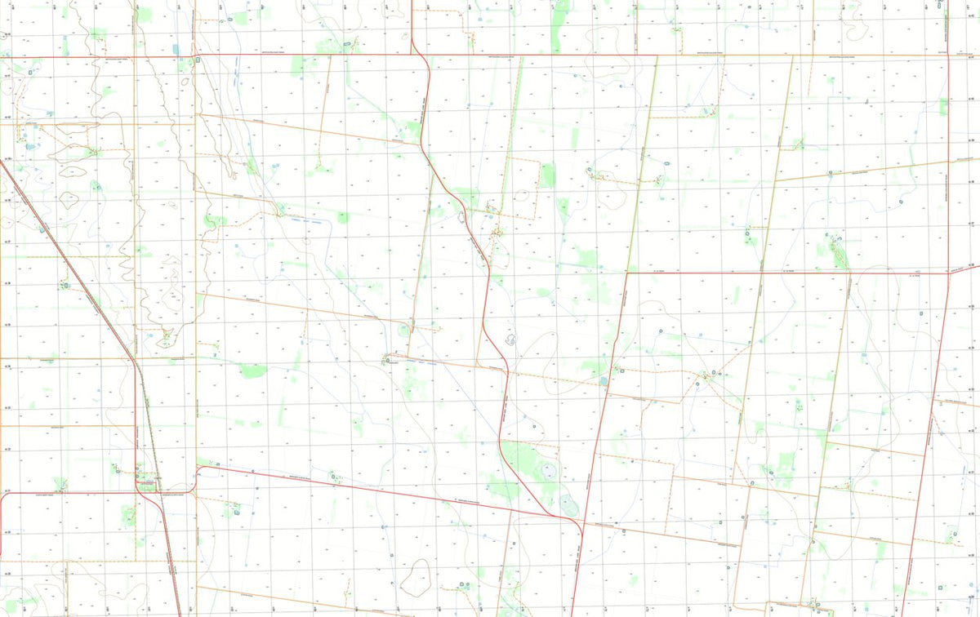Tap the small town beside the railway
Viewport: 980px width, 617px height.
(x=148, y=484)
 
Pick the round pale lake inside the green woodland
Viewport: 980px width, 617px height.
(x=546, y=471)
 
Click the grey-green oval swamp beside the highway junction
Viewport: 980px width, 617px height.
(x=569, y=506)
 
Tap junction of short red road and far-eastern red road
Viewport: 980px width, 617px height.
(x=948, y=273)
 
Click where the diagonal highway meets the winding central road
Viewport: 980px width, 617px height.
(x=556, y=516)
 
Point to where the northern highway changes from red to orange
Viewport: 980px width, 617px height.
(x=657, y=55)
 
